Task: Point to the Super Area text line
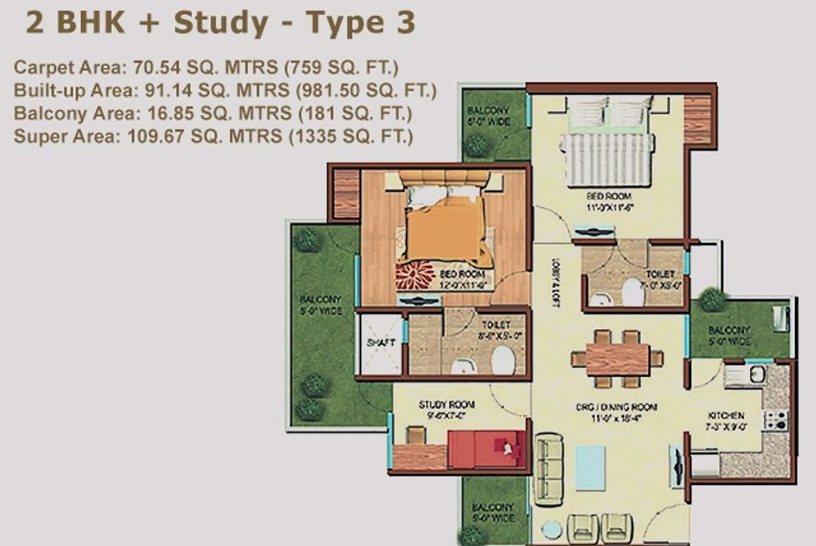click(x=214, y=136)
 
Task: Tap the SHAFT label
click(x=379, y=343)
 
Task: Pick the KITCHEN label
click(x=727, y=416)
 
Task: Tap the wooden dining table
click(x=616, y=358)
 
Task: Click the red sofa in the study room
click(x=487, y=449)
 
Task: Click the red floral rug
click(x=415, y=277)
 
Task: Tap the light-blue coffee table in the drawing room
click(x=590, y=467)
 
